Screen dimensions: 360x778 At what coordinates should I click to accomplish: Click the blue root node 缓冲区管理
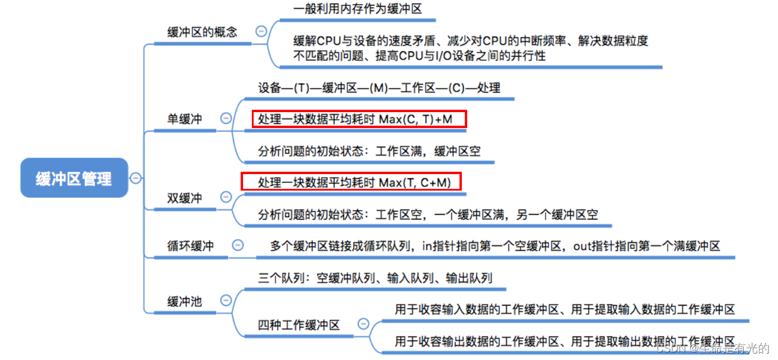74,178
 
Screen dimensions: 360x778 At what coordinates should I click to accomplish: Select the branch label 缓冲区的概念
202,32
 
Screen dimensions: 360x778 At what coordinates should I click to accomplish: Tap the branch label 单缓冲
185,119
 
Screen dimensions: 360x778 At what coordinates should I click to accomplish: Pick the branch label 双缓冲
185,198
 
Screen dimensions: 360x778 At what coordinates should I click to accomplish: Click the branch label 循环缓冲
191,246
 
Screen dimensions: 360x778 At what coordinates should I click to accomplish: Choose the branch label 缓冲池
185,302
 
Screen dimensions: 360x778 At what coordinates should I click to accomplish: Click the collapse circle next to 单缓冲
225,118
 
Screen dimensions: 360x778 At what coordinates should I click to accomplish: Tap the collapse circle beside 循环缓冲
238,245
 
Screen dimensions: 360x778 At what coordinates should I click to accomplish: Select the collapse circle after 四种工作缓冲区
363,323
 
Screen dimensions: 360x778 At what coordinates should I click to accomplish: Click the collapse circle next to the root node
136,178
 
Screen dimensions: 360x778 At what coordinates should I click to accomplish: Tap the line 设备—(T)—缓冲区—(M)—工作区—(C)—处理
379,88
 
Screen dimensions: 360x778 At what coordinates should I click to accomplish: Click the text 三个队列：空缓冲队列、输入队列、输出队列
375,278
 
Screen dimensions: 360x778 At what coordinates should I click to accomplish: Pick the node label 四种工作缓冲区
299,325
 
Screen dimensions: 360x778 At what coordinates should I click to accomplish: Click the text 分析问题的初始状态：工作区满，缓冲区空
369,151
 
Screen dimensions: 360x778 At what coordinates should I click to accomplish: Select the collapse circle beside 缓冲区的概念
260,31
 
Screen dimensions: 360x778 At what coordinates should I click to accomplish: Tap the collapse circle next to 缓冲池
225,300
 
